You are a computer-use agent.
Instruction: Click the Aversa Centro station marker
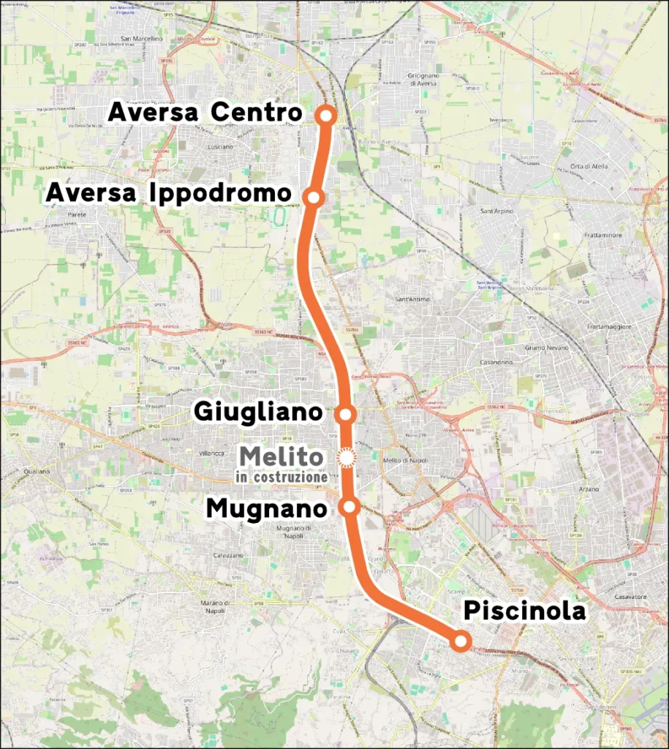point(327,115)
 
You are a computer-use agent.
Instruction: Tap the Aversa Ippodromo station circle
point(314,197)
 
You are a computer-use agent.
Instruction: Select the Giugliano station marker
point(346,414)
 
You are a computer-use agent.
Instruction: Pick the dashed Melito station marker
point(346,458)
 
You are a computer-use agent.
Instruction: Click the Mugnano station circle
point(350,506)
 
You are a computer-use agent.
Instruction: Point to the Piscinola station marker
point(460,641)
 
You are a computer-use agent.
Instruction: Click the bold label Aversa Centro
point(205,113)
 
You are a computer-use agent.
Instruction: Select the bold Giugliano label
point(257,412)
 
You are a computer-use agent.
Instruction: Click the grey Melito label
point(281,457)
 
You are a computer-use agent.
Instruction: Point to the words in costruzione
point(281,477)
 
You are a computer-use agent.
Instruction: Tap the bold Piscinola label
point(525,611)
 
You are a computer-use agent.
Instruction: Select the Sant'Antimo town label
point(411,299)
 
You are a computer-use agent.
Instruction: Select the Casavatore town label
point(630,596)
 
